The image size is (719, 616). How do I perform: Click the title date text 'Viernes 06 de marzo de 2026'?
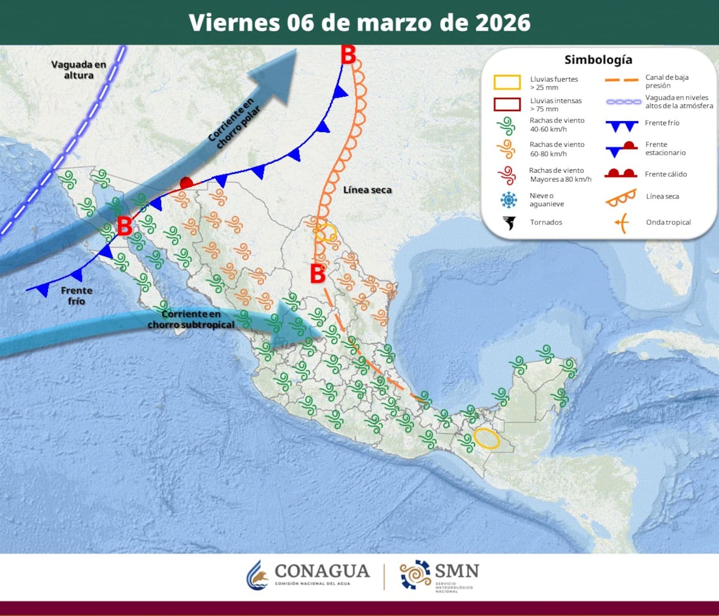coord(359,22)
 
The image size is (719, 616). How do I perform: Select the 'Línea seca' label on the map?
coord(367,190)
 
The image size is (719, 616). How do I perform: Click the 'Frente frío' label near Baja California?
coord(76,296)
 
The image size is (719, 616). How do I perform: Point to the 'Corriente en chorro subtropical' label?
coord(191,319)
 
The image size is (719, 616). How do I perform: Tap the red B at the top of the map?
coord(348,55)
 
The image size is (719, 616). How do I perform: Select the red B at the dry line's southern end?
coord(318,274)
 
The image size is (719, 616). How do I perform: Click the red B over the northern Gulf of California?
coord(124,227)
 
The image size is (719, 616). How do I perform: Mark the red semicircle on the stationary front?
coord(186,182)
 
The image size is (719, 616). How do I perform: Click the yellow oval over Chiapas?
coord(486,438)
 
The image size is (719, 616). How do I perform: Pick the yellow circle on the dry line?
coord(326,232)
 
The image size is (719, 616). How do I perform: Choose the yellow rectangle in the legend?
coord(507,82)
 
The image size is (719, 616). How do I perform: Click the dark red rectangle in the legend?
coord(507,104)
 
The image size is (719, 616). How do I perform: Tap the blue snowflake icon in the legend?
coord(508,200)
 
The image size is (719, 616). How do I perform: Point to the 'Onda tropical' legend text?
coord(668,223)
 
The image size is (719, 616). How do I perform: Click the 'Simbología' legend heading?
coord(598,60)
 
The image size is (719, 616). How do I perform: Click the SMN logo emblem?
coord(415,575)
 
